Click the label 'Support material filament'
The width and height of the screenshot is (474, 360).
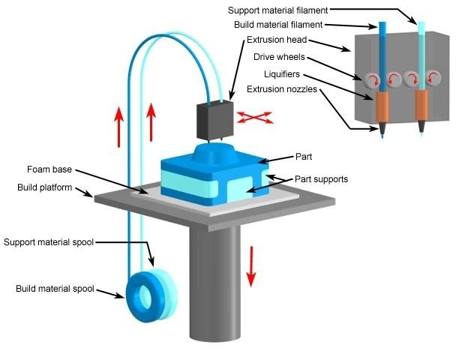(x=277, y=10)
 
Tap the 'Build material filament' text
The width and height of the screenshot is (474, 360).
(x=278, y=25)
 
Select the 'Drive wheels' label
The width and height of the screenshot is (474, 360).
(x=279, y=57)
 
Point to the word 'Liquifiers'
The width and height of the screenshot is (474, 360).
(x=282, y=74)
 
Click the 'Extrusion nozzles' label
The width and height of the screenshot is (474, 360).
(x=282, y=89)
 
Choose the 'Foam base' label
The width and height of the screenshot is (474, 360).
(x=49, y=169)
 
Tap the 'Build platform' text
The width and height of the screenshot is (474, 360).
(x=45, y=187)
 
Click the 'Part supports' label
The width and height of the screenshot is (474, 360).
(x=321, y=179)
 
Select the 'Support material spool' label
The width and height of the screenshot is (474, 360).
(x=49, y=242)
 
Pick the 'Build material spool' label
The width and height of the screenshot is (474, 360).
(x=55, y=289)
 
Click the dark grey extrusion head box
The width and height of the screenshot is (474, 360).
(x=215, y=120)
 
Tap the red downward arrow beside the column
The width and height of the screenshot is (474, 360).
(x=250, y=266)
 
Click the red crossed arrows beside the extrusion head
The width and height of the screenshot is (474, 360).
(x=254, y=118)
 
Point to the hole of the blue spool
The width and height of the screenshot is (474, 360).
(x=145, y=297)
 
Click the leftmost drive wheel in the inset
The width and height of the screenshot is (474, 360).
(x=371, y=80)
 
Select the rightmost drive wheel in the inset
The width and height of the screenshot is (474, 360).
(x=433, y=78)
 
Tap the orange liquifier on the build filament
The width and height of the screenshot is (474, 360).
(x=382, y=106)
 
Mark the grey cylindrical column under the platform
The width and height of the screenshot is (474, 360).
(x=215, y=283)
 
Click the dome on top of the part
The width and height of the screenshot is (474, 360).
(x=214, y=153)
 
